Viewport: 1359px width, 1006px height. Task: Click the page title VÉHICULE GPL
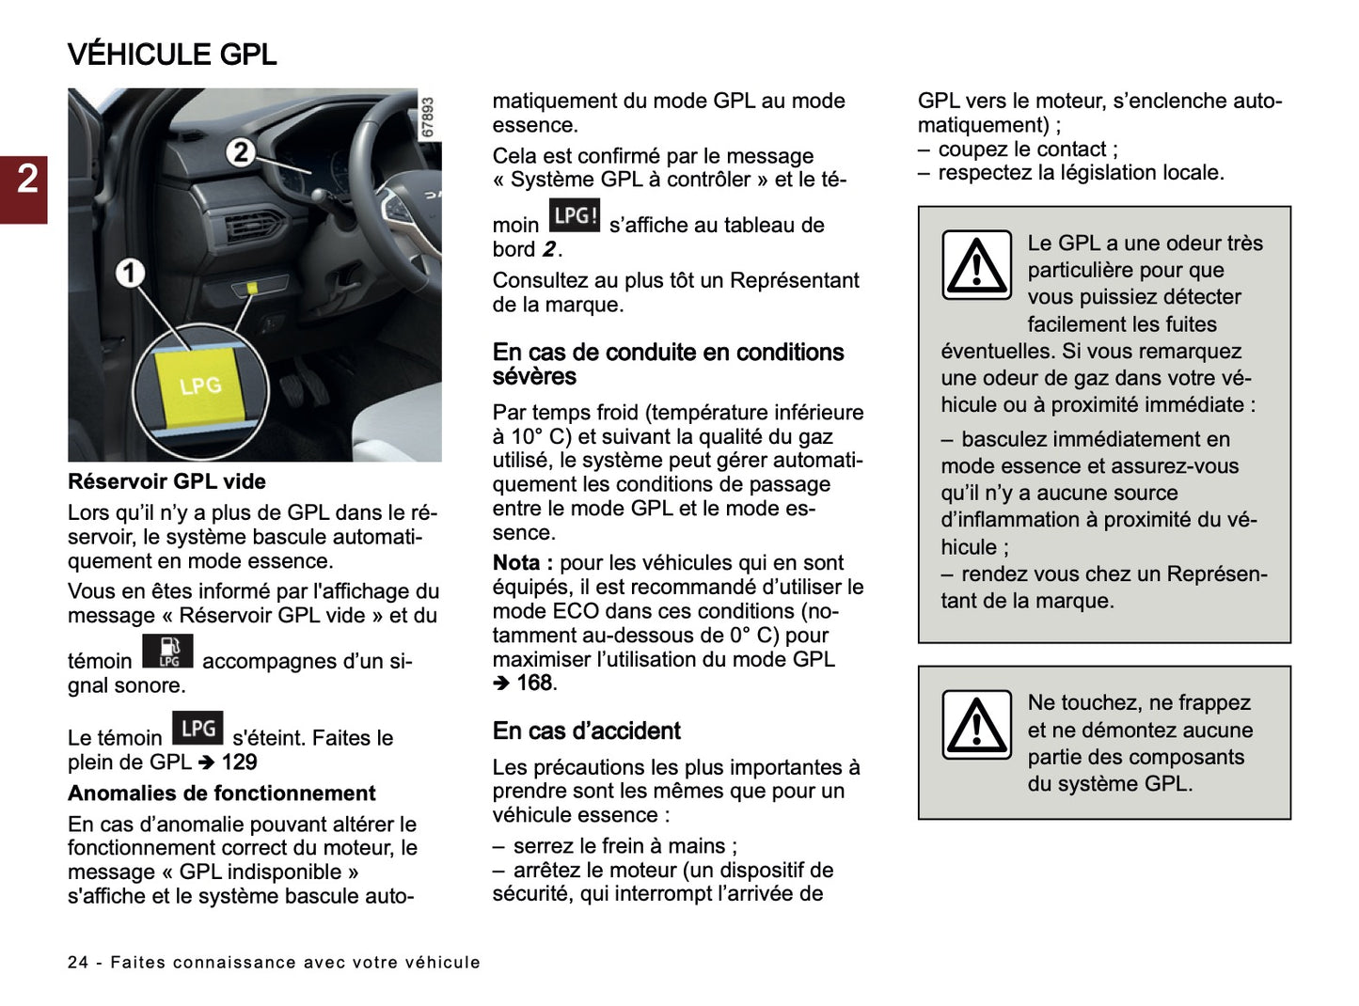172,55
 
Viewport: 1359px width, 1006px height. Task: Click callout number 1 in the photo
130,274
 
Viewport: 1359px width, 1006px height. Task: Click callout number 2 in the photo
241,151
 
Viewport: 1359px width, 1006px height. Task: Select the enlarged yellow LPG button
200,385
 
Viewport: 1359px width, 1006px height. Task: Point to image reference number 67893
428,118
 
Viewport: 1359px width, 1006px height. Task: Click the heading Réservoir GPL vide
166,481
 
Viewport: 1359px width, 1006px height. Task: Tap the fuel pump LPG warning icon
167,651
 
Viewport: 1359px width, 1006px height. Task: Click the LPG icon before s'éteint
198,729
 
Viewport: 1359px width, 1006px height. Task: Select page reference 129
239,762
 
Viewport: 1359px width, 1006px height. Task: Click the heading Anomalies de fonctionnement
221,794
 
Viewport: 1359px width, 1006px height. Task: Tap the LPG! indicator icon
574,215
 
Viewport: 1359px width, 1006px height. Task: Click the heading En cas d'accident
586,731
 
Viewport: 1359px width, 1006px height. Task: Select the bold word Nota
516,563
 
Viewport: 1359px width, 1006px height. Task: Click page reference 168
535,684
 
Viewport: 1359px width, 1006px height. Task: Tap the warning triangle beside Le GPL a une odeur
977,266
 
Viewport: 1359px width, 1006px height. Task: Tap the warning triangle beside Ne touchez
977,725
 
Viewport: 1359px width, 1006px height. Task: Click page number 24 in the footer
78,963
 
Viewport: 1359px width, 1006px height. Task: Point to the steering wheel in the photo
395,160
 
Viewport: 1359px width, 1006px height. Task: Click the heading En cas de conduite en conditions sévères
668,364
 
